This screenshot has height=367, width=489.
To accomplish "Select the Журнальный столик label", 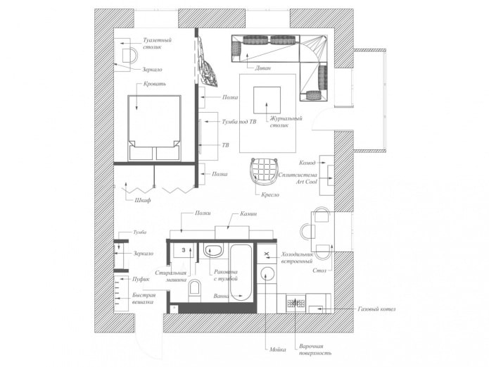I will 285,122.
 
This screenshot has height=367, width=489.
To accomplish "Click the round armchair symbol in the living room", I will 264,170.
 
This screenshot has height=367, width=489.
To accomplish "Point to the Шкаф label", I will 143,201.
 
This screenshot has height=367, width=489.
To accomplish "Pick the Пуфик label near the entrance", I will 141,279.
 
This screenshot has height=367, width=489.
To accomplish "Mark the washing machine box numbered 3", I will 183,249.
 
